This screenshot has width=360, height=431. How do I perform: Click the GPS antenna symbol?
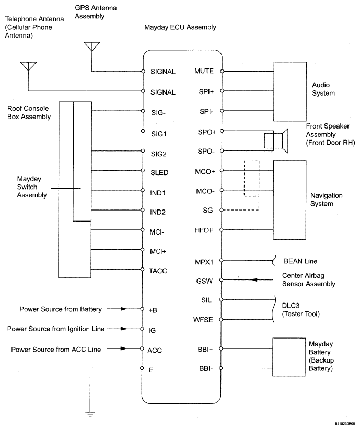pos(91,46)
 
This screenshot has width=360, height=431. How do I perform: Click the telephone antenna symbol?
pos(28,66)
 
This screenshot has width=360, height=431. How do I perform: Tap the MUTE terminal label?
pos(203,71)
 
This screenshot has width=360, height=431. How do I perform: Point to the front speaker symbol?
pos(276,141)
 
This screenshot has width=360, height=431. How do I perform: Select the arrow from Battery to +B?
pos(121,309)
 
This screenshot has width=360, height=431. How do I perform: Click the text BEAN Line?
pos(300,260)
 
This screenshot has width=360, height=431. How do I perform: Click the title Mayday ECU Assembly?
pos(180,27)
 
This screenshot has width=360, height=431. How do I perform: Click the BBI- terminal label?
pos(205,368)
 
